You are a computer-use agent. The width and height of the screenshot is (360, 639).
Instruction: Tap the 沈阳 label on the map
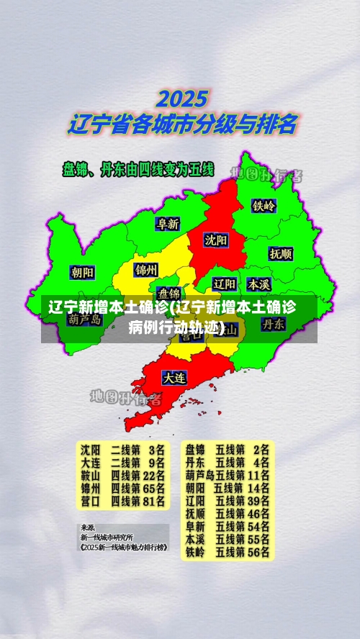[x=215, y=239]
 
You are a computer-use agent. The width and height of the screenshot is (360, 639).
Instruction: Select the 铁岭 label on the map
[x=264, y=205]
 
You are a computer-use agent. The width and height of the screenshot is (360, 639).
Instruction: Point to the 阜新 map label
[x=168, y=224]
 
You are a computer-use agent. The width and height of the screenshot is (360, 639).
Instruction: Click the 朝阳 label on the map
[x=82, y=272]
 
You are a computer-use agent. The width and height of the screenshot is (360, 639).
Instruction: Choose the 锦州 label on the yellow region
[x=146, y=270]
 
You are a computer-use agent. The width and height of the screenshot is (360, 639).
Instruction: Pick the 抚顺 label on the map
[x=281, y=253]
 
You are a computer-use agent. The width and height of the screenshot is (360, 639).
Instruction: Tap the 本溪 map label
[x=258, y=283]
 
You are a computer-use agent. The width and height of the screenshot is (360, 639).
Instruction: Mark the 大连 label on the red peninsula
[x=174, y=376]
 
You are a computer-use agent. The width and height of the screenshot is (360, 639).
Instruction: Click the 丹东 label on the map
[x=273, y=324]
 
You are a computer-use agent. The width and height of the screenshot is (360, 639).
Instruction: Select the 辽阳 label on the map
[x=225, y=283]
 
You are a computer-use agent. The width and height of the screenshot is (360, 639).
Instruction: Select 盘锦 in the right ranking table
[x=195, y=448]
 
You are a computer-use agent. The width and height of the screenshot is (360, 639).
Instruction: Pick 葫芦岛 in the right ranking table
[x=199, y=474]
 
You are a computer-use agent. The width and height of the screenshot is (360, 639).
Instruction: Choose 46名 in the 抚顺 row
[x=259, y=513]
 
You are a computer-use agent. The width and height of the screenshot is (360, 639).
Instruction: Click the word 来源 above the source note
[x=87, y=527]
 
